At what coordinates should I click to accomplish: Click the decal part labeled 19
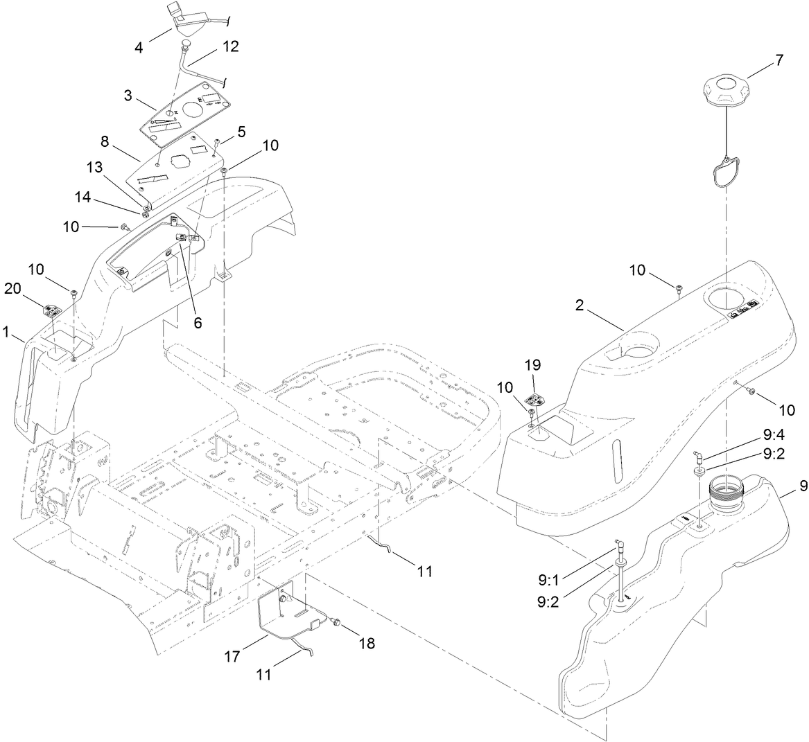pyautogui.click(x=535, y=400)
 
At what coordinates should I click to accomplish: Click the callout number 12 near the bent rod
pyautogui.click(x=230, y=46)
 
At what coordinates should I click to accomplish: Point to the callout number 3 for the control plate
pyautogui.click(x=128, y=96)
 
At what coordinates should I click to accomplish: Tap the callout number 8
pyautogui.click(x=105, y=141)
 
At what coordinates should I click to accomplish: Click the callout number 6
pyautogui.click(x=198, y=323)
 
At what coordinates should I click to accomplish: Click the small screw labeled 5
pyautogui.click(x=216, y=142)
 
